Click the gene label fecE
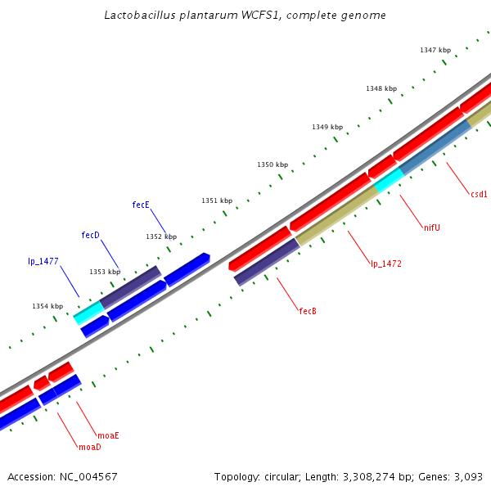[141, 205]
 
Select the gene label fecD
[90, 235]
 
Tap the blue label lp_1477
[43, 262]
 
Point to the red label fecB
[308, 311]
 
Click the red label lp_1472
[385, 264]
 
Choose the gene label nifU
[432, 227]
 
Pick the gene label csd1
[479, 194]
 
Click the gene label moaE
[108, 435]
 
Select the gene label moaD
[89, 448]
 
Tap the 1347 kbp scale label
[435, 50]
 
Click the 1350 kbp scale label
[273, 164]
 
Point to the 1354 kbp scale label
[47, 306]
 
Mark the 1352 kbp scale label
[161, 236]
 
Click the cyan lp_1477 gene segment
[88, 312]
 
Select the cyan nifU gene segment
[389, 179]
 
